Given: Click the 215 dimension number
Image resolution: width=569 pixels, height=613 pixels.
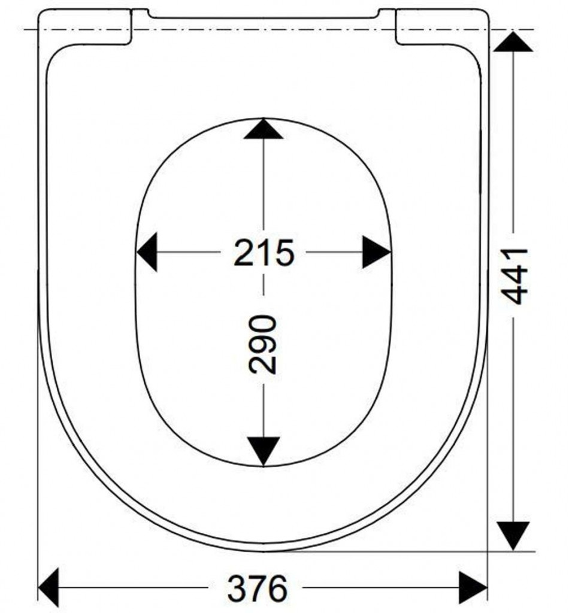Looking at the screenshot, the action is click(264, 253).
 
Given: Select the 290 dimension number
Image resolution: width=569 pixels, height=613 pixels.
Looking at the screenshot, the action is click(263, 344).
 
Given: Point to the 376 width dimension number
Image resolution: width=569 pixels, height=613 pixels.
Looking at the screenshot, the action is click(258, 588).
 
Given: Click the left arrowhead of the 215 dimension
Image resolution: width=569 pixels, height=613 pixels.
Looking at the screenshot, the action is click(147, 252).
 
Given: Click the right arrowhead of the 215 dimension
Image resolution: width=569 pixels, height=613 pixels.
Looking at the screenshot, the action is click(376, 252).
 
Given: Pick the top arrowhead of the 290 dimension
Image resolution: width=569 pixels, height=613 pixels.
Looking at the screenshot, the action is click(263, 129).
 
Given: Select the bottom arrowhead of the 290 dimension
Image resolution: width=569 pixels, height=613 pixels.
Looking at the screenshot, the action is click(264, 451).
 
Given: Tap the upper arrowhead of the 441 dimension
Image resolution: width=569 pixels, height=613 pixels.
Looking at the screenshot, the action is click(513, 42).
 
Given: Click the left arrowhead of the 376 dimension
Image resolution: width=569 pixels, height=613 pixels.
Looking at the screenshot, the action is click(49, 588).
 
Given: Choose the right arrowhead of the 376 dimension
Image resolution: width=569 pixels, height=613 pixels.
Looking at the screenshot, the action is click(473, 588).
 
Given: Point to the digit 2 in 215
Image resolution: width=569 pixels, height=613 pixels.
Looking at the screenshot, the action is click(244, 253).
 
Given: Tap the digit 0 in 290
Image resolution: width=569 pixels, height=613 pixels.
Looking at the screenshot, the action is click(263, 325).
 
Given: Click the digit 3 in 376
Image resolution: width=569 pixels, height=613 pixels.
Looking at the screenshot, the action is click(237, 588).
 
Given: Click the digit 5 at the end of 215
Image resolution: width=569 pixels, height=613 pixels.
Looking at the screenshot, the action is click(284, 253).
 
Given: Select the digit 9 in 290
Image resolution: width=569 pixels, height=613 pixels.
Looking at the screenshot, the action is click(263, 345).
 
